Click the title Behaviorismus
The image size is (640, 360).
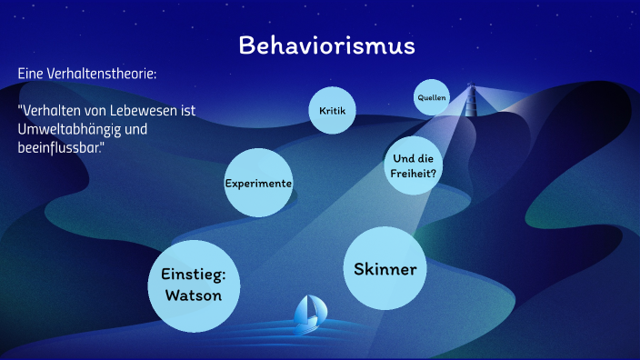[326, 45]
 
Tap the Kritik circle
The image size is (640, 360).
[332, 111]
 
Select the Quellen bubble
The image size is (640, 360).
[432, 97]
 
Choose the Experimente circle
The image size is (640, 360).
[258, 183]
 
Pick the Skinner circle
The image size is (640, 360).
[385, 269]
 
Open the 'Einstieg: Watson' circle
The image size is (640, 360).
[193, 285]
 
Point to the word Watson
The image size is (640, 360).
[193, 295]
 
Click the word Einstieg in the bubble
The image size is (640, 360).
[193, 274]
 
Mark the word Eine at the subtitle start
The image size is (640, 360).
[31, 73]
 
